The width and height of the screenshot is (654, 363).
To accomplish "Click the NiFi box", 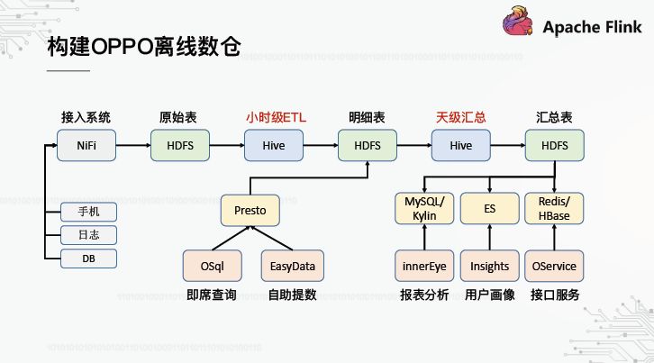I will [86, 145].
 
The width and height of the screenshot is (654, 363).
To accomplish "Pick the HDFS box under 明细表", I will [368, 145].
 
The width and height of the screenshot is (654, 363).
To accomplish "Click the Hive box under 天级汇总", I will [460, 145].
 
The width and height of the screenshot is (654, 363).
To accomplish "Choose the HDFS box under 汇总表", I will [554, 145].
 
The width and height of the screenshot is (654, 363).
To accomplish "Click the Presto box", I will [250, 210].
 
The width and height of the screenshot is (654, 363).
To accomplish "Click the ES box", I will [489, 209].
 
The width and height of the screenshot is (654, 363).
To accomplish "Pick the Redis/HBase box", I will [554, 209].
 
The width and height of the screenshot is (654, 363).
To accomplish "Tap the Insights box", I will [489, 266].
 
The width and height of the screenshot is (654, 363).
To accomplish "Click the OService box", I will [554, 266].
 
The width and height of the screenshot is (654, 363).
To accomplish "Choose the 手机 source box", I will [88, 213].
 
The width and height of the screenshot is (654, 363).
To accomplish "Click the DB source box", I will [88, 259].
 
